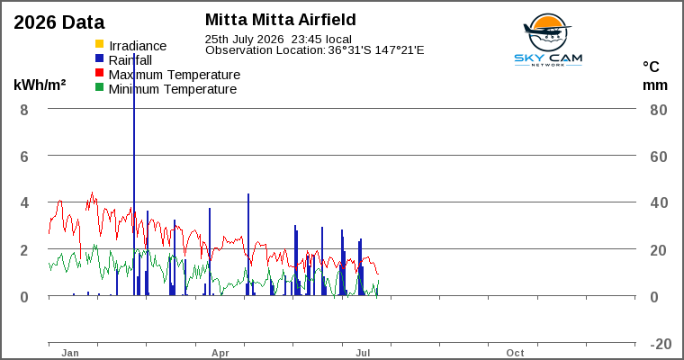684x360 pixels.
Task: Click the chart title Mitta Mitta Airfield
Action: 281,20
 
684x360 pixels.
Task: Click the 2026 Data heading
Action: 59,22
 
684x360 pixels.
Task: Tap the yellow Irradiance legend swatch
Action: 100,43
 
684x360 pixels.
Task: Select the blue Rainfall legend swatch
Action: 100,58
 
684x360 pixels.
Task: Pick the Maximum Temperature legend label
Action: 175,75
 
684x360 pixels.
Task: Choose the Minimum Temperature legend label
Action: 173,89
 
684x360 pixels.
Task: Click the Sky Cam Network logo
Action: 548,40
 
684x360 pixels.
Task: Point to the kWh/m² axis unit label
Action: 40,85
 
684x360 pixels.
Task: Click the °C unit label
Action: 651,67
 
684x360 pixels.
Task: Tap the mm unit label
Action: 655,85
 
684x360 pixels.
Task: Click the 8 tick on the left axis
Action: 24,110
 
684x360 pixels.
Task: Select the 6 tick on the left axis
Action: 24,157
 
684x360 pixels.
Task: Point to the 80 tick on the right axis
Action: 659,110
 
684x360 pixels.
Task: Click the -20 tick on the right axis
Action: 661,345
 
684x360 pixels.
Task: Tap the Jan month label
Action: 70,353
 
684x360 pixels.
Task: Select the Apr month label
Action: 220,353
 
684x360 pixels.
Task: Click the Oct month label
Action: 515,353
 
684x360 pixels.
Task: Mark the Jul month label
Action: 363,353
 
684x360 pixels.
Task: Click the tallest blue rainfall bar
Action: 134,175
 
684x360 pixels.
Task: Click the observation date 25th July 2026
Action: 244,40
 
